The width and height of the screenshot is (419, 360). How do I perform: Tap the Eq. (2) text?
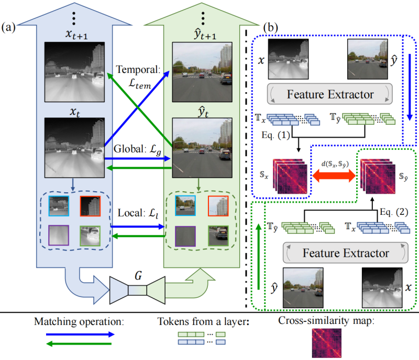tap(392, 197)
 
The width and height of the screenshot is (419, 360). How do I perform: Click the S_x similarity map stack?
tap(291, 173)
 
